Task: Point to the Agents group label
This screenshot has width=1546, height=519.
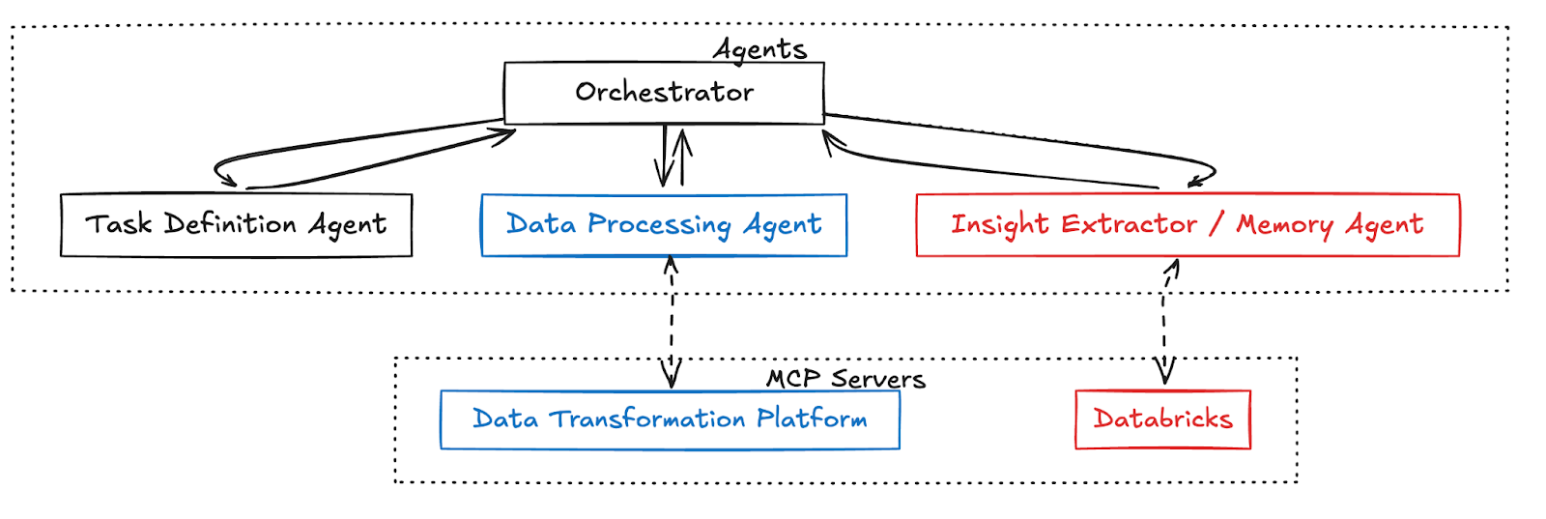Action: click(x=759, y=49)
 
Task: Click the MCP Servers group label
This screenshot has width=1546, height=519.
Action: click(x=845, y=379)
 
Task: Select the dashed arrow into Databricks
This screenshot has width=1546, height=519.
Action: click(x=1165, y=322)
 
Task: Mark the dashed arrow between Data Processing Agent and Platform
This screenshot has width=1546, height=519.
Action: click(x=671, y=322)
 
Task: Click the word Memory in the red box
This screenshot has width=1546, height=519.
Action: click(x=1285, y=225)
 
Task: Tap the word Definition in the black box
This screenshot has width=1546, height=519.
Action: click(x=230, y=223)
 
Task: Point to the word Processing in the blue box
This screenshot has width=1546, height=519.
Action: click(x=659, y=225)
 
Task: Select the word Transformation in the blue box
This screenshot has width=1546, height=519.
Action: click(x=646, y=418)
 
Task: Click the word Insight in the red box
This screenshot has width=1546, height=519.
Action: click(x=1000, y=225)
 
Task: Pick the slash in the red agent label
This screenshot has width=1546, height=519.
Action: click(x=1217, y=224)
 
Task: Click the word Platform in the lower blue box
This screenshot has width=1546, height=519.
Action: click(x=812, y=418)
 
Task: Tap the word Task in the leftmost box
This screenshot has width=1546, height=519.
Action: click(x=119, y=223)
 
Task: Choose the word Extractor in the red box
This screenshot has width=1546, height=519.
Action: click(x=1130, y=224)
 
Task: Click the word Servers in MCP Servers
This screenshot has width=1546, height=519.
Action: click(x=878, y=379)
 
